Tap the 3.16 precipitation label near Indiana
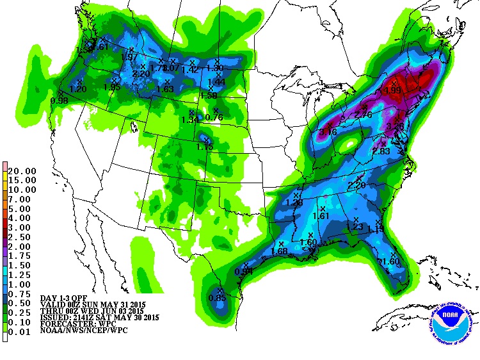coord(328,131)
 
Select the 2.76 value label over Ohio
coord(363,114)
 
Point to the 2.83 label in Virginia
coord(381,151)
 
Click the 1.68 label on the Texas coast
coord(280,251)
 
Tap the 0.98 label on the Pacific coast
coord(59,100)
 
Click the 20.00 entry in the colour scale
coord(22,171)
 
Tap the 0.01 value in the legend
coord(22,332)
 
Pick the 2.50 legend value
coord(22,236)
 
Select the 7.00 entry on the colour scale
coord(22,199)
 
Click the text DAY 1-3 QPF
coord(65,299)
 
